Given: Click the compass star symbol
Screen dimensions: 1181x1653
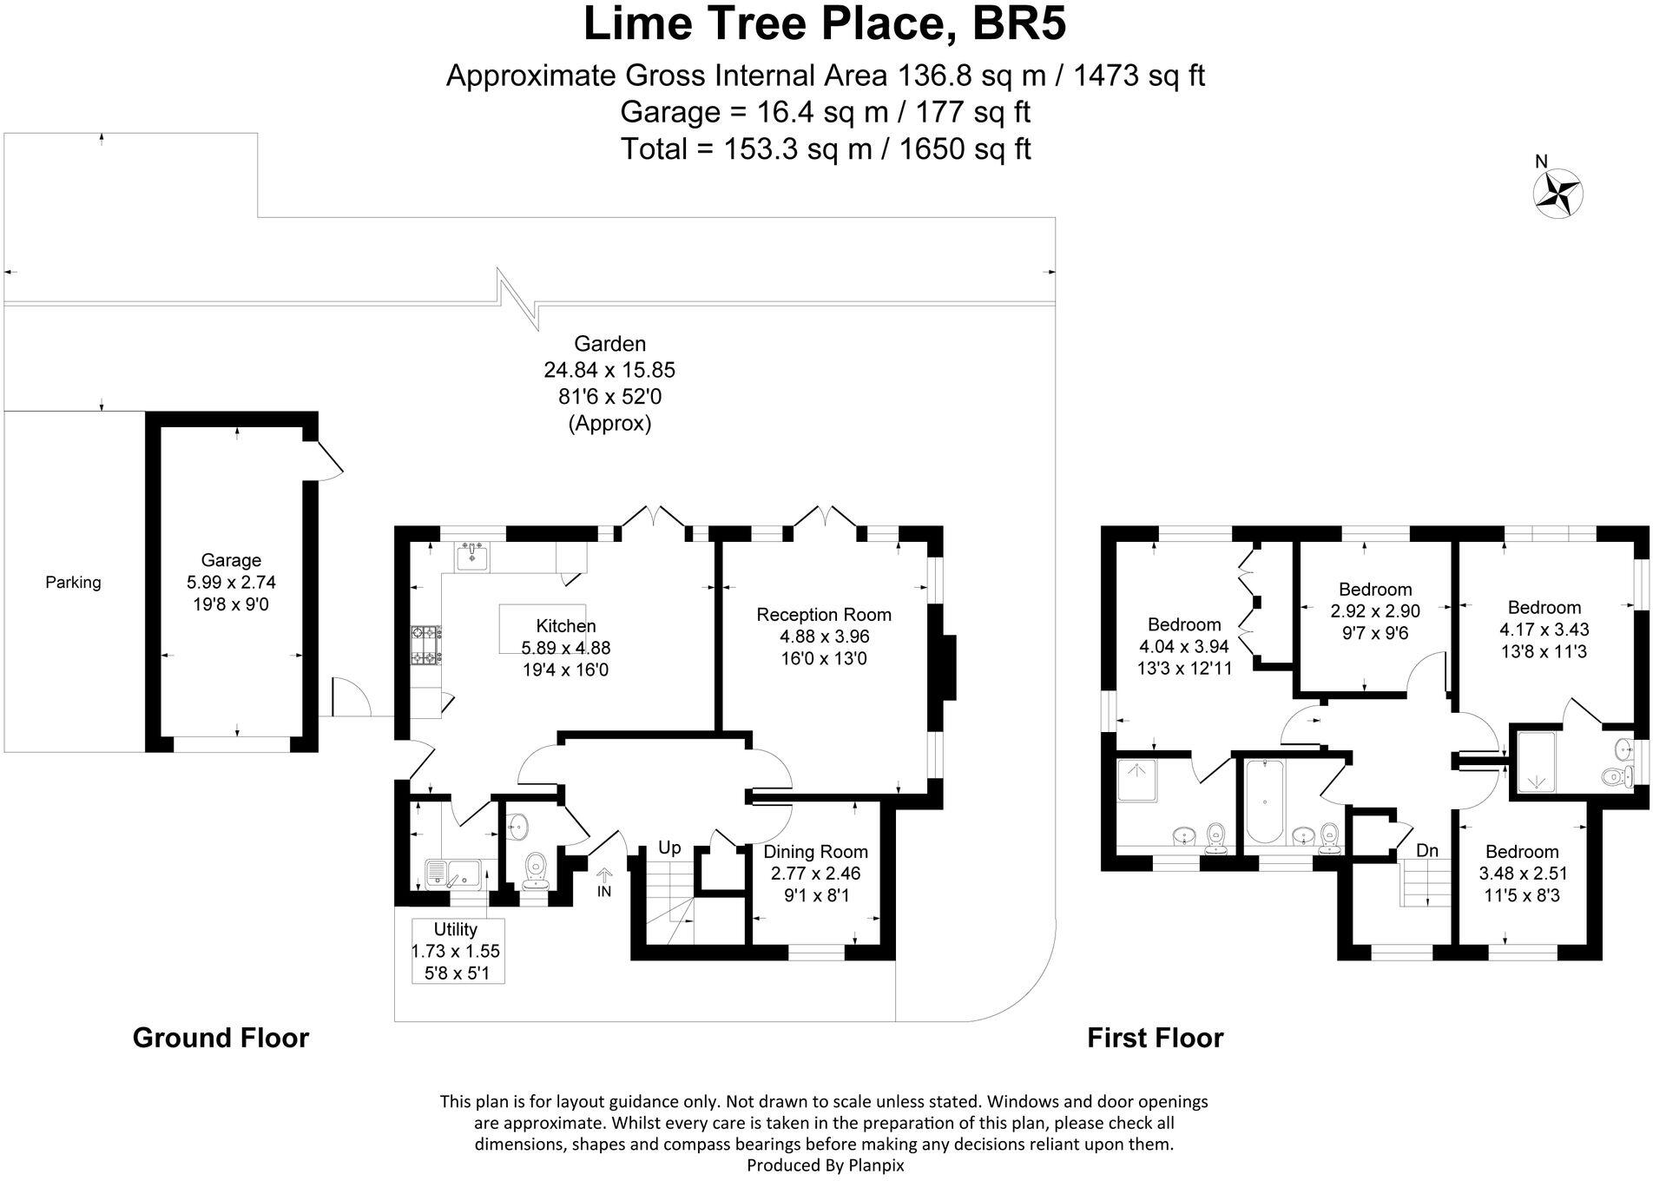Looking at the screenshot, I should tap(1558, 194).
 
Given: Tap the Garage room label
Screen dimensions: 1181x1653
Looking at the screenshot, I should tap(231, 561).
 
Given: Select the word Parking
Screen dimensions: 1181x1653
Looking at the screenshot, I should tap(73, 583).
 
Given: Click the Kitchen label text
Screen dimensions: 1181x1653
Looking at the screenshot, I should tap(566, 626).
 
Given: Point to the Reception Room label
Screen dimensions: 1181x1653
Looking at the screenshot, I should tap(823, 615).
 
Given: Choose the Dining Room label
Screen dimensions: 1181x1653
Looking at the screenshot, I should tap(815, 852).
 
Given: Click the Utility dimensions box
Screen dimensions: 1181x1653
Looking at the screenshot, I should tap(457, 951).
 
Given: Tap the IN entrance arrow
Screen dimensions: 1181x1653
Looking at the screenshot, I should tap(604, 883).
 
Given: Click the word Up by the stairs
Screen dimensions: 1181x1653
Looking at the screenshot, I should tap(668, 848).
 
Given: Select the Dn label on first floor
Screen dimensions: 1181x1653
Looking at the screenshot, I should tap(1427, 850).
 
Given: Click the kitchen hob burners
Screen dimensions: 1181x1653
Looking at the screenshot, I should tap(426, 644).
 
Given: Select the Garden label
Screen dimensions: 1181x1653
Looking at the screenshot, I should tap(609, 344).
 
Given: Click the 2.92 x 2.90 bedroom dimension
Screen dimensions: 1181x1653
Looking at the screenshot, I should tap(1375, 611).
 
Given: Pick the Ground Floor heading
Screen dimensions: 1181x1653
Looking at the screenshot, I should tap(221, 1038).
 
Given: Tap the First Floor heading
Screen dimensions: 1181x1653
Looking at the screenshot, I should tap(1155, 1038).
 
